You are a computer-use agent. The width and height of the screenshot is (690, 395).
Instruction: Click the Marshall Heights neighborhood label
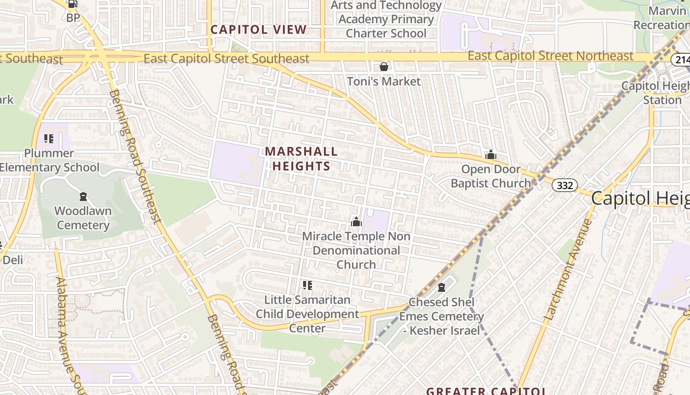301,158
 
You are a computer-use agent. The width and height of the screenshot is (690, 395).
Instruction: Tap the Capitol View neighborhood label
258,30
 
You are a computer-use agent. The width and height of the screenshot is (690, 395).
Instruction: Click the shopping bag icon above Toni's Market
383,67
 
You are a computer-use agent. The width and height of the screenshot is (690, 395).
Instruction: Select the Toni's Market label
383,81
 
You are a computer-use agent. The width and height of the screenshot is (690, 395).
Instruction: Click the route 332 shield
564,185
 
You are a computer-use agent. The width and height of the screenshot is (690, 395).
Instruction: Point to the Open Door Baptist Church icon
490,155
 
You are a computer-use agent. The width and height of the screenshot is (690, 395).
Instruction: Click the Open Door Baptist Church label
491,176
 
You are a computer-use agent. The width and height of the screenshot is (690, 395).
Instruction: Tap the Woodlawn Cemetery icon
83,197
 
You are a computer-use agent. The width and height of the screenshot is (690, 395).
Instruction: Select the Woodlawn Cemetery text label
83,218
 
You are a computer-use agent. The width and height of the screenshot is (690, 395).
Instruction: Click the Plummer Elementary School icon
48,139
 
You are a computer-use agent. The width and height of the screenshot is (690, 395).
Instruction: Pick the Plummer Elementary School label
49,160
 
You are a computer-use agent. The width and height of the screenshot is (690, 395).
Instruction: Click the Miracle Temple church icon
356,222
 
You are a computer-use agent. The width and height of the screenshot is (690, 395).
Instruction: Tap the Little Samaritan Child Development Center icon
308,285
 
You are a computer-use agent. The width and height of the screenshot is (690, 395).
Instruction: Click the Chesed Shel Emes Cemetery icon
442,287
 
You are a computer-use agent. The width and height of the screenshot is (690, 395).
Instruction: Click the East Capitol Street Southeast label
226,59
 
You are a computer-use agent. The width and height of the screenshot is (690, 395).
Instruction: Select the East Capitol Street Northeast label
550,56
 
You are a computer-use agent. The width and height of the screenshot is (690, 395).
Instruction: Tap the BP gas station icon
72,4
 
